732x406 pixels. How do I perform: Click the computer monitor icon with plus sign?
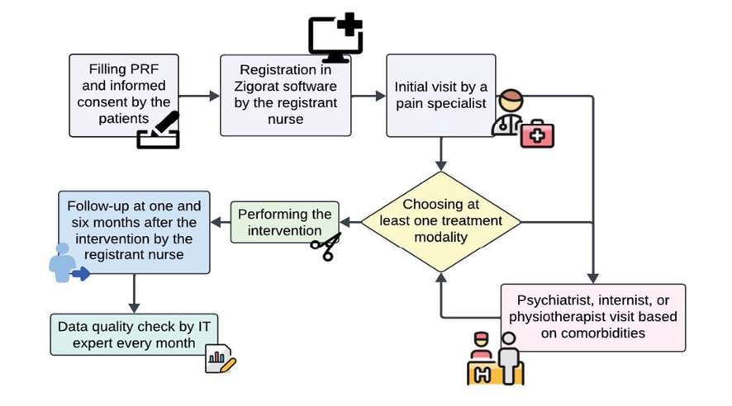[335, 38]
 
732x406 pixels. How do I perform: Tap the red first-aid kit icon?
[537, 135]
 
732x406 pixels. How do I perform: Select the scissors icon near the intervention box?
[326, 247]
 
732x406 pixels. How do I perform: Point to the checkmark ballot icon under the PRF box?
[159, 130]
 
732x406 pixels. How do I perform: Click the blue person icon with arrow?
[65, 264]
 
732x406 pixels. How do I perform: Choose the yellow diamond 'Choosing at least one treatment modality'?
[440, 221]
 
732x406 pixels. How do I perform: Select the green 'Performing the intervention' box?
[284, 221]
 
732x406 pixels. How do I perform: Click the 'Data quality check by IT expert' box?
[133, 334]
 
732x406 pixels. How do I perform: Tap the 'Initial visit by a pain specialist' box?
[440, 95]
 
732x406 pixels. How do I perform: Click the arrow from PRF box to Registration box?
[199, 96]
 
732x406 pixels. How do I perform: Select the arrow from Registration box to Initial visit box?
[368, 96]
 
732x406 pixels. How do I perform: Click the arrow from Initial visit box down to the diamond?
[441, 153]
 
